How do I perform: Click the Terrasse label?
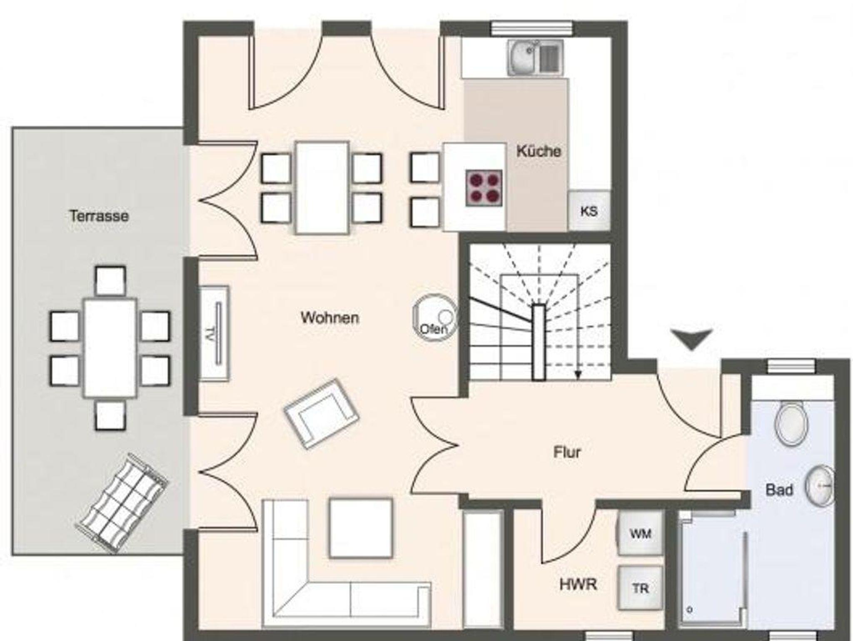pyautogui.click(x=99, y=216)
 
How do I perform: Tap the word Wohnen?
pyautogui.click(x=330, y=318)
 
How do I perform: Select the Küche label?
pyautogui.click(x=539, y=151)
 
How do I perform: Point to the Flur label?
pyautogui.click(x=567, y=452)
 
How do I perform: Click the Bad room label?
pyautogui.click(x=779, y=490)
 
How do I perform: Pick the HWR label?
pyautogui.click(x=578, y=585)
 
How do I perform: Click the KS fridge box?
pyautogui.click(x=589, y=211)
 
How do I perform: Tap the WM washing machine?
pyautogui.click(x=640, y=533)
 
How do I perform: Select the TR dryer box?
pyautogui.click(x=640, y=588)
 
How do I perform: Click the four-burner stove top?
pyautogui.click(x=484, y=188)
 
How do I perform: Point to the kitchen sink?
pyautogui.click(x=535, y=58)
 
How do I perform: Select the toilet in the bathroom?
pyautogui.click(x=791, y=423)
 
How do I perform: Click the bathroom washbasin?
pyautogui.click(x=820, y=486)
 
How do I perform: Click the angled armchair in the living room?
pyautogui.click(x=321, y=413)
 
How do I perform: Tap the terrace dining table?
pyautogui.click(x=110, y=348)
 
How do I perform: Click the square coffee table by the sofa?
pyautogui.click(x=361, y=528)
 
